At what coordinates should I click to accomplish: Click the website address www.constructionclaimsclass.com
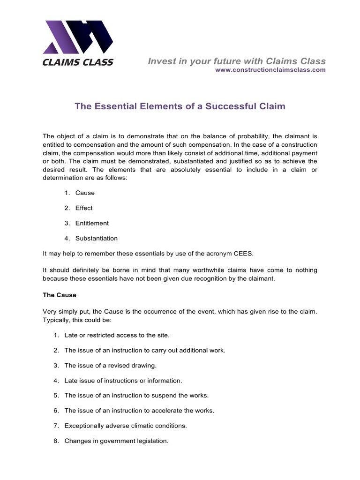[x=270, y=70]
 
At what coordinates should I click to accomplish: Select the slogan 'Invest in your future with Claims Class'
[x=237, y=61]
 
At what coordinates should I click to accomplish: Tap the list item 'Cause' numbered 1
[x=85, y=193]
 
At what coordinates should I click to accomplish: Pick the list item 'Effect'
[x=84, y=208]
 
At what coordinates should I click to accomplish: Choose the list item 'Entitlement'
[x=92, y=223]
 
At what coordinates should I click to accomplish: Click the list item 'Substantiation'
[x=97, y=238]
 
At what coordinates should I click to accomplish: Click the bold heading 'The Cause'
[x=60, y=295]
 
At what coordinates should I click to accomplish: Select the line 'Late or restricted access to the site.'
[x=117, y=335]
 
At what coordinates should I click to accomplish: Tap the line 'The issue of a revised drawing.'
[x=111, y=365]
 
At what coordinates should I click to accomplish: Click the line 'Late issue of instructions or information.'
[x=123, y=381]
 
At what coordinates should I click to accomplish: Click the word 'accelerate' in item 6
[x=168, y=411]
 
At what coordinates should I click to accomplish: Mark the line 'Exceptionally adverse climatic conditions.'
[x=126, y=426]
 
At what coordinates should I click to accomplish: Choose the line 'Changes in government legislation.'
[x=116, y=441]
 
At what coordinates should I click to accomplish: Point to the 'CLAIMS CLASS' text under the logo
[x=78, y=62]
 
